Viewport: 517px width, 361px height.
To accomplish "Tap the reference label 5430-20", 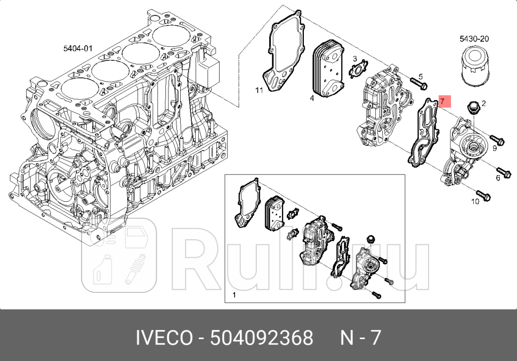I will coord(474,38).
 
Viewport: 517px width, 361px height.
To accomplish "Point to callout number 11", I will coord(259,91).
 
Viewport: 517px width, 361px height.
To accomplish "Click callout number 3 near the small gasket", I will coord(354,58).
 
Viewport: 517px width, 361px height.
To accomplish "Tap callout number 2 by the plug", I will coord(483,103).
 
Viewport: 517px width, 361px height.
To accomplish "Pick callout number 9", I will coord(494,148).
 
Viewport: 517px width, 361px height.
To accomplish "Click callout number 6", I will coord(498,177).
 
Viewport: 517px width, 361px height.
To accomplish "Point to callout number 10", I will coord(475,201).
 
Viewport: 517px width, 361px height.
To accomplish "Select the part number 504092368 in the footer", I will coord(262,338).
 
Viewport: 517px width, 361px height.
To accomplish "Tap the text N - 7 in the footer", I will coord(361,338).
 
